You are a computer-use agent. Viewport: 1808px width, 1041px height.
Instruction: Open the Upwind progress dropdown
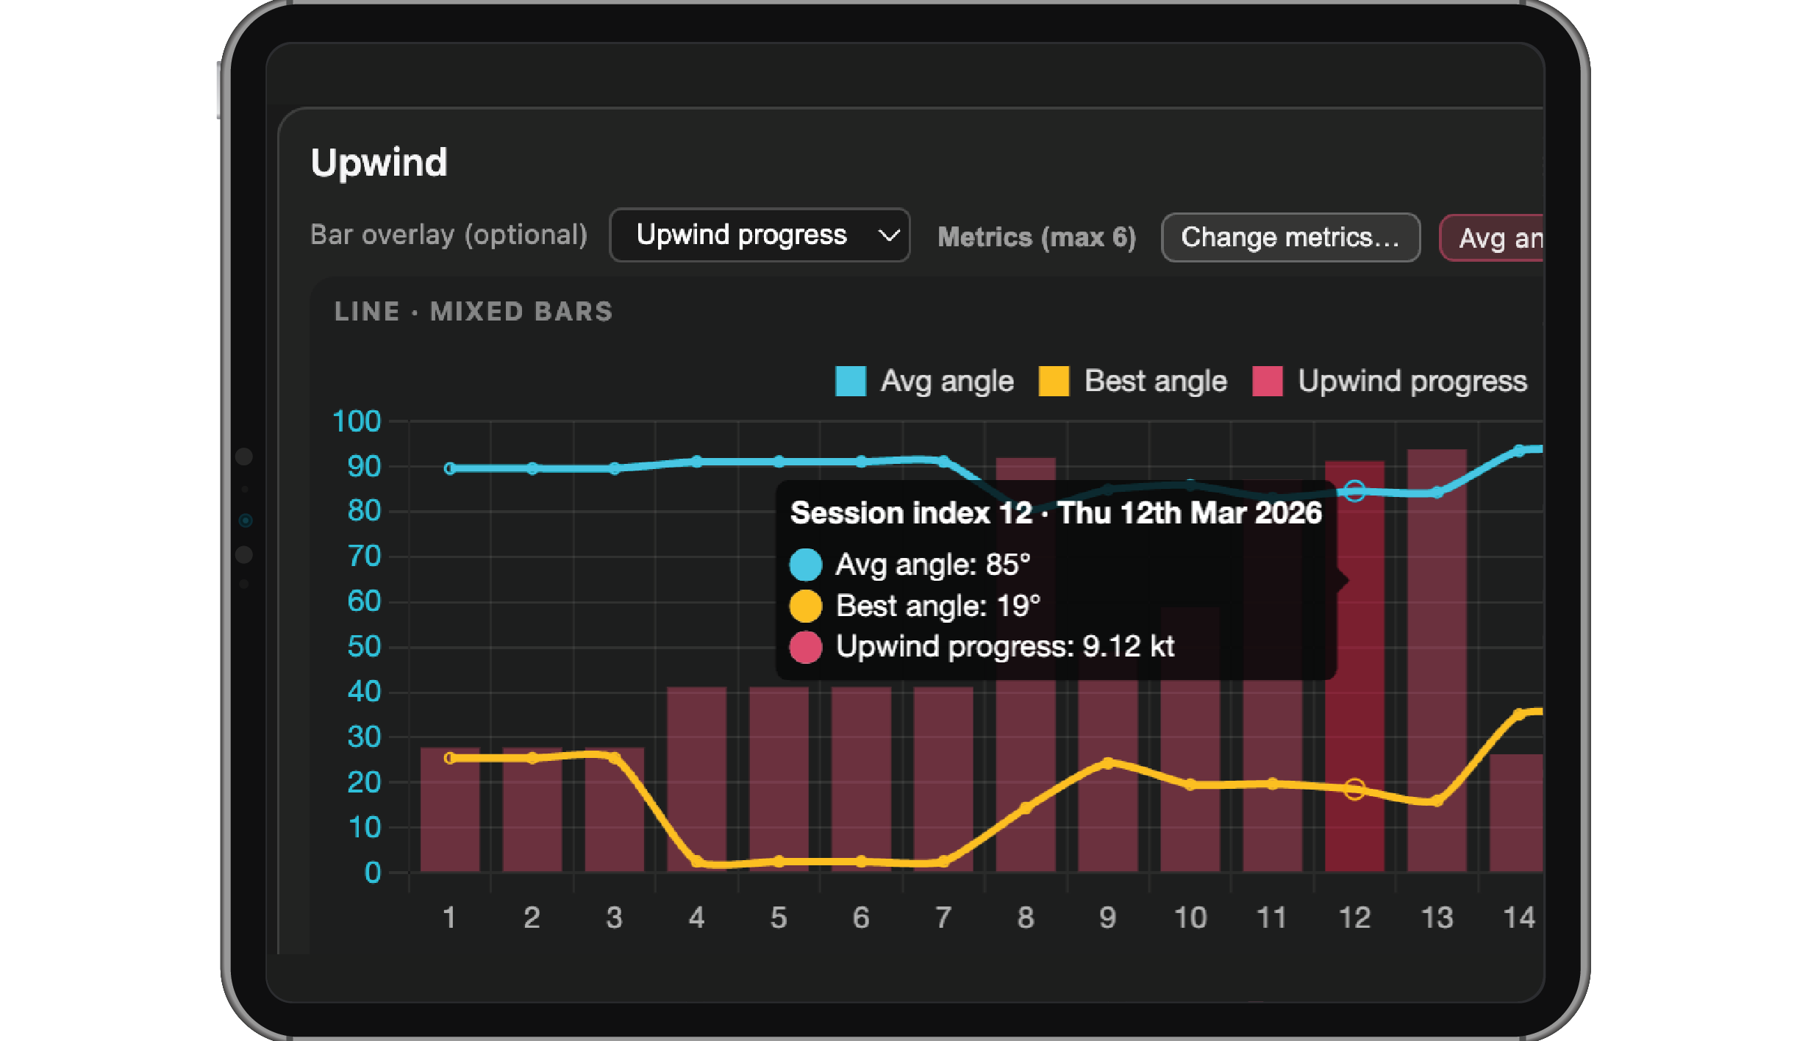point(760,235)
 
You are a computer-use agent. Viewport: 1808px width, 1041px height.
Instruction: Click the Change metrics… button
point(1290,237)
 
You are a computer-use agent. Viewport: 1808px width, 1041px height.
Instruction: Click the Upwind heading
point(379,162)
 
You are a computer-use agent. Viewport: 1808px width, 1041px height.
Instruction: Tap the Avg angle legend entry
point(925,381)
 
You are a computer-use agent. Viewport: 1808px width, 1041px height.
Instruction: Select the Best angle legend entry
point(1133,381)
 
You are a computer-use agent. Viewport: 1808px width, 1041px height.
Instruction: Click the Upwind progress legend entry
point(1390,381)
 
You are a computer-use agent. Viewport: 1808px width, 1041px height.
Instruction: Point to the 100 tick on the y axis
point(357,421)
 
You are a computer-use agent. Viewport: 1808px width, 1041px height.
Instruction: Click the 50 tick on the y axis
point(364,647)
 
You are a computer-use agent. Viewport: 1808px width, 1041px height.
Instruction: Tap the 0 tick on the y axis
point(373,873)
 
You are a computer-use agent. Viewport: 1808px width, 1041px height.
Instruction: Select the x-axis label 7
point(943,917)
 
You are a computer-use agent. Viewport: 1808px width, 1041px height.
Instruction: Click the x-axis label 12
point(1354,917)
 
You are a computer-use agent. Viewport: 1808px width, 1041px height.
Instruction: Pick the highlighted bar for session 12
point(1354,735)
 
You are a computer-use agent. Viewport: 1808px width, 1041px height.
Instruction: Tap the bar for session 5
point(779,772)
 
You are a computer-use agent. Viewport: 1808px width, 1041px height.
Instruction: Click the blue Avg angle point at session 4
point(697,462)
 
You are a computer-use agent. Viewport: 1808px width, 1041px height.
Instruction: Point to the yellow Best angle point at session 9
point(1108,763)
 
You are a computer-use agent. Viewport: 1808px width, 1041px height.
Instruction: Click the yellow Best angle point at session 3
point(615,756)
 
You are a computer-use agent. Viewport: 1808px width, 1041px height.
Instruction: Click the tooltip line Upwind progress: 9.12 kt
point(1004,647)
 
